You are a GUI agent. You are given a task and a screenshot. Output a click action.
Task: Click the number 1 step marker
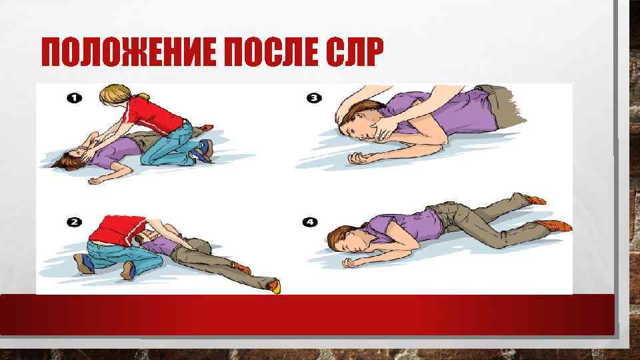click(74, 98)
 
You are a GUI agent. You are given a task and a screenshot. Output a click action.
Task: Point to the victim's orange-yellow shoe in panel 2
click(273, 286)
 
